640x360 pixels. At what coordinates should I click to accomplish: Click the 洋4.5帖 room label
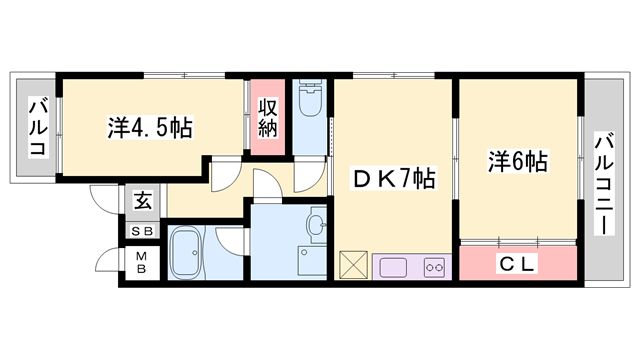(x=150, y=128)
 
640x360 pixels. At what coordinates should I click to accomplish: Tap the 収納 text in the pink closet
(x=267, y=119)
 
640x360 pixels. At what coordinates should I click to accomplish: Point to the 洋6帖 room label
(x=518, y=160)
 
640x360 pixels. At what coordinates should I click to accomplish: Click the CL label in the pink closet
(x=518, y=264)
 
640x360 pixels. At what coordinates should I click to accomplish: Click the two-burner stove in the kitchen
(x=433, y=266)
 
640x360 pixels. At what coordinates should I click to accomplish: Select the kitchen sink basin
(x=391, y=267)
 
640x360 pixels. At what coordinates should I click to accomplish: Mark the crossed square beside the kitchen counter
(x=354, y=266)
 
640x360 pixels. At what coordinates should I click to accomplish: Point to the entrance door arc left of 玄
(x=104, y=198)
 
